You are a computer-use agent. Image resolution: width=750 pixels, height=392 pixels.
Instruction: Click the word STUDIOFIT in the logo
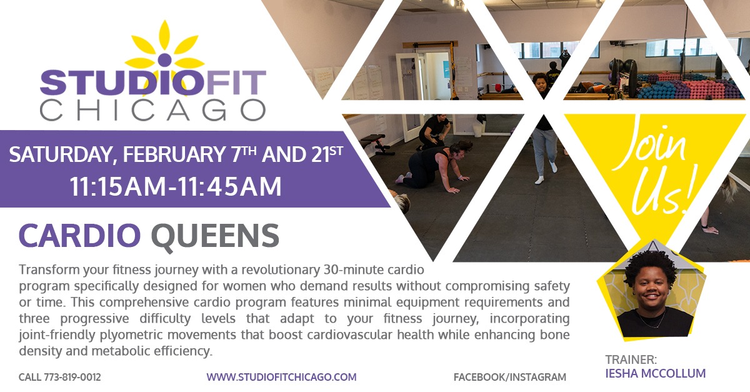[x=152, y=83]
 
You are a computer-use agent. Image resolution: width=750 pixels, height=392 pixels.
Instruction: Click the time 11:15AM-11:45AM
[x=175, y=186]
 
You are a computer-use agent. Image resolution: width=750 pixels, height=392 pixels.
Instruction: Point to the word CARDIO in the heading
[x=80, y=236]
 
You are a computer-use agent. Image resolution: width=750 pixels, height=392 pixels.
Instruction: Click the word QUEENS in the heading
[x=214, y=236]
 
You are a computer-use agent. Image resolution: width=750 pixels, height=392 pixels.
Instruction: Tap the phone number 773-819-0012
[x=72, y=377]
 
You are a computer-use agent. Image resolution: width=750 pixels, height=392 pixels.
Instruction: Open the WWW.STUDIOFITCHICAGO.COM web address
[x=281, y=377]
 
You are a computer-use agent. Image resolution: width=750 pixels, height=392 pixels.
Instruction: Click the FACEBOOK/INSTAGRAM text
[x=510, y=377]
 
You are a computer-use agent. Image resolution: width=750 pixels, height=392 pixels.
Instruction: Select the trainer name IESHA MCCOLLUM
[x=656, y=373]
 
